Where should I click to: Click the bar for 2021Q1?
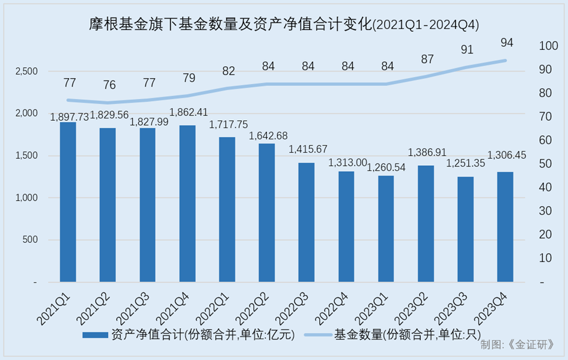(68, 202)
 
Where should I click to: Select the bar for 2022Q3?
(307, 222)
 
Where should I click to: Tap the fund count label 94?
(505, 42)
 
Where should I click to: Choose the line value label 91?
(466, 49)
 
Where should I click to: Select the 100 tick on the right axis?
(549, 46)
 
